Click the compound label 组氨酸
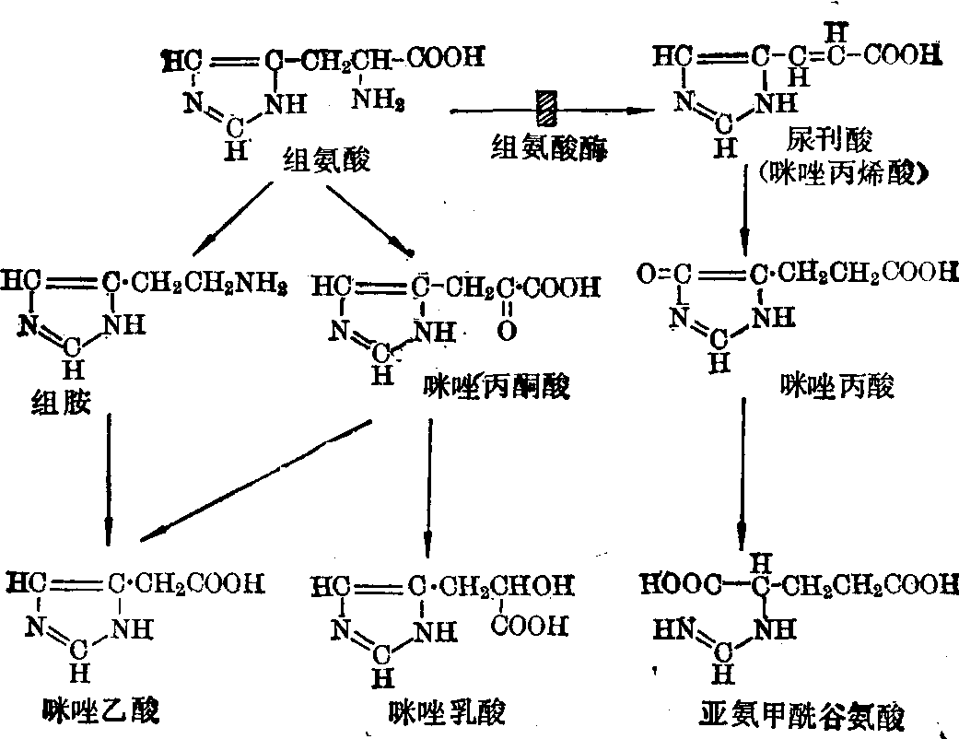326,161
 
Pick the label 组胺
61,402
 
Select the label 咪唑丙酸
836,387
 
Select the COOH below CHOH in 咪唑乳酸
530,626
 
